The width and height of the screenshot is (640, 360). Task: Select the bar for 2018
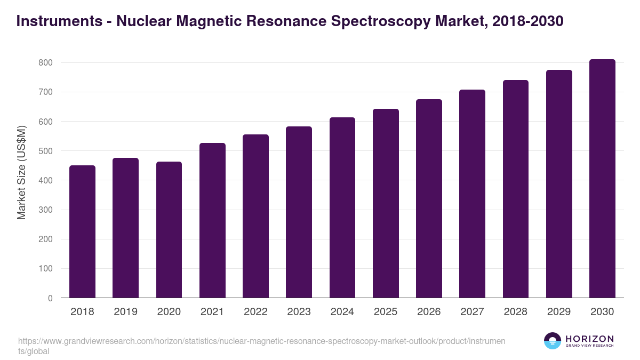[x=82, y=231]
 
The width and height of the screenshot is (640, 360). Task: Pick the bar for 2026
[x=429, y=198]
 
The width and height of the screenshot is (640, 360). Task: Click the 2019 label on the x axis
[x=125, y=311]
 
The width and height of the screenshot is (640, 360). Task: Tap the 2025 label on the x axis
[x=386, y=311]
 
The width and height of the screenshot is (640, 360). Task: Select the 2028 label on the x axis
[x=516, y=311]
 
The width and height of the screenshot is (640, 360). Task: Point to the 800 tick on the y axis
[x=46, y=63]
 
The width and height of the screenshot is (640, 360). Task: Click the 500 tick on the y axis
[x=46, y=151]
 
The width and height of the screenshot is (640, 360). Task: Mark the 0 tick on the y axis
[x=50, y=298]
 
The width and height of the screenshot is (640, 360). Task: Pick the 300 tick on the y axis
[x=46, y=210]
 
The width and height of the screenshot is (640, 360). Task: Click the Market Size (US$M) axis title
[x=21, y=172]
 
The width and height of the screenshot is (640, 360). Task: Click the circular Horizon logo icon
[x=552, y=341]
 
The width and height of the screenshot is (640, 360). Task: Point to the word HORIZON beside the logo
[x=589, y=339]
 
